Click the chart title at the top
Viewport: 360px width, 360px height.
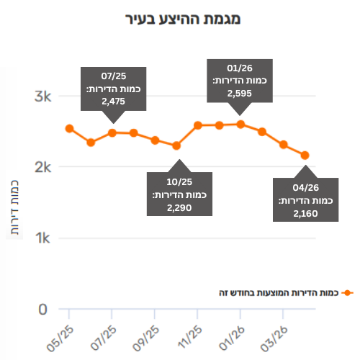pyautogui.click(x=183, y=19)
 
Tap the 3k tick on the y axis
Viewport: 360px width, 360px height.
pyautogui.click(x=42, y=96)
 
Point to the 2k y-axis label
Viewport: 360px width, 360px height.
pyautogui.click(x=42, y=167)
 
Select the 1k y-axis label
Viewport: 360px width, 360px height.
pyautogui.click(x=42, y=238)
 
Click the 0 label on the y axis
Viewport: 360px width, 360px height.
pyautogui.click(x=42, y=310)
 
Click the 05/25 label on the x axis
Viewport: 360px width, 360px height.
pyautogui.click(x=60, y=339)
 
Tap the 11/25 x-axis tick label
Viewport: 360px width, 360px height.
pyautogui.click(x=189, y=337)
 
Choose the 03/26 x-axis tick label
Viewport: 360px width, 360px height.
pyautogui.click(x=274, y=339)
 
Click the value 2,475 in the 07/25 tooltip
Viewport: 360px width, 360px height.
pyautogui.click(x=113, y=102)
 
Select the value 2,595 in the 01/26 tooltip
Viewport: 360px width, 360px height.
pyautogui.click(x=240, y=94)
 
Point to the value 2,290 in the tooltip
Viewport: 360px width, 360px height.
pyautogui.click(x=179, y=208)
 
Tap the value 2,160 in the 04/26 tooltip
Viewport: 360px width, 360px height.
pyautogui.click(x=305, y=214)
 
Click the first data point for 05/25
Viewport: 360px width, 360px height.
pyautogui.click(x=69, y=129)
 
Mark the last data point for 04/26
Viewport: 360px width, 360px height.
pyautogui.click(x=305, y=156)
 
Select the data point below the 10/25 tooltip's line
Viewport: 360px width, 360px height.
pyautogui.click(x=176, y=145)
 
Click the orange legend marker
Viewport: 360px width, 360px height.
pyautogui.click(x=347, y=293)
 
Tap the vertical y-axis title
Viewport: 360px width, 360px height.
pyautogui.click(x=14, y=207)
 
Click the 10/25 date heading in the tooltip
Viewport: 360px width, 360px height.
pyautogui.click(x=179, y=182)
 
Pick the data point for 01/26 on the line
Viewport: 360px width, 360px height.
pyautogui.click(x=240, y=125)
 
